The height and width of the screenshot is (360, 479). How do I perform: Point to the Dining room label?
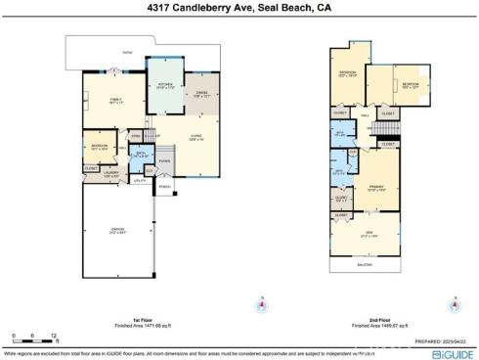coord(200,94)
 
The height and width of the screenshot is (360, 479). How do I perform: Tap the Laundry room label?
coord(110,174)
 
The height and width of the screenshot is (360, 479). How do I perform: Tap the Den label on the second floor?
coord(367,235)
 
